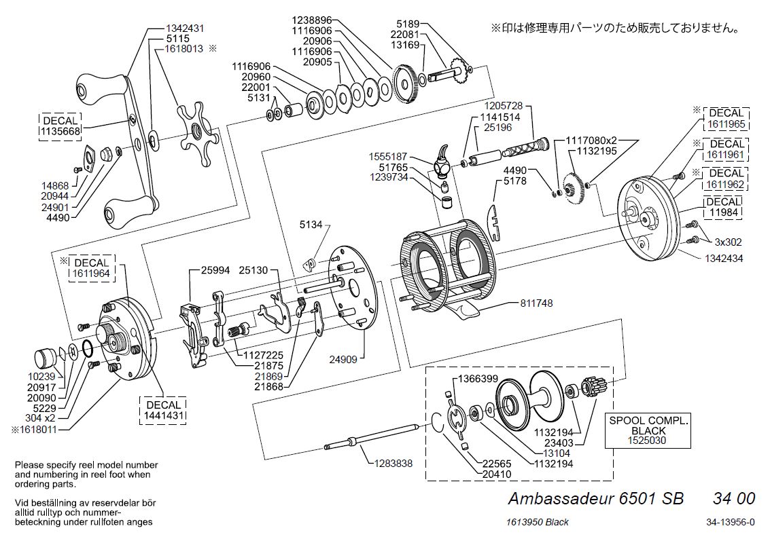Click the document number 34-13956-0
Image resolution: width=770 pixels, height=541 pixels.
(730, 522)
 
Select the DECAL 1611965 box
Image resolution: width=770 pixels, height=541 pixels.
(725, 118)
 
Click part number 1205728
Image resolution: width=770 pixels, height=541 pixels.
(504, 106)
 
